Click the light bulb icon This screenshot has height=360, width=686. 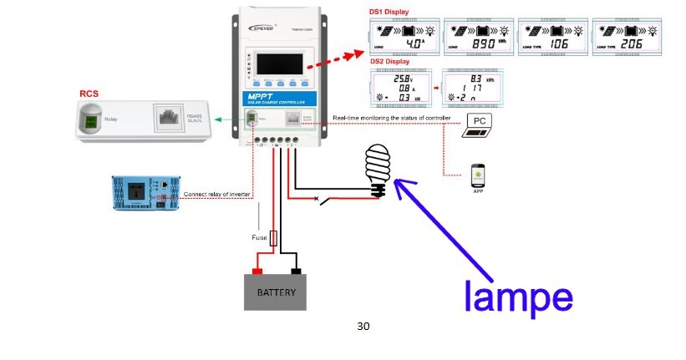pyautogui.click(x=377, y=168)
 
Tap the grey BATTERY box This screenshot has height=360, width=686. pyautogui.click(x=275, y=293)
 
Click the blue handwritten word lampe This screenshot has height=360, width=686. pyautogui.click(x=518, y=297)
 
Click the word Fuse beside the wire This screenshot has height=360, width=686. pyautogui.click(x=259, y=237)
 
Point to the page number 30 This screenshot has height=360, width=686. pyautogui.click(x=363, y=326)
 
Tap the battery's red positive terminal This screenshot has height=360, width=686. pyautogui.click(x=257, y=271)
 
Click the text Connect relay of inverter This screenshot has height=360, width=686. pyautogui.click(x=220, y=194)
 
